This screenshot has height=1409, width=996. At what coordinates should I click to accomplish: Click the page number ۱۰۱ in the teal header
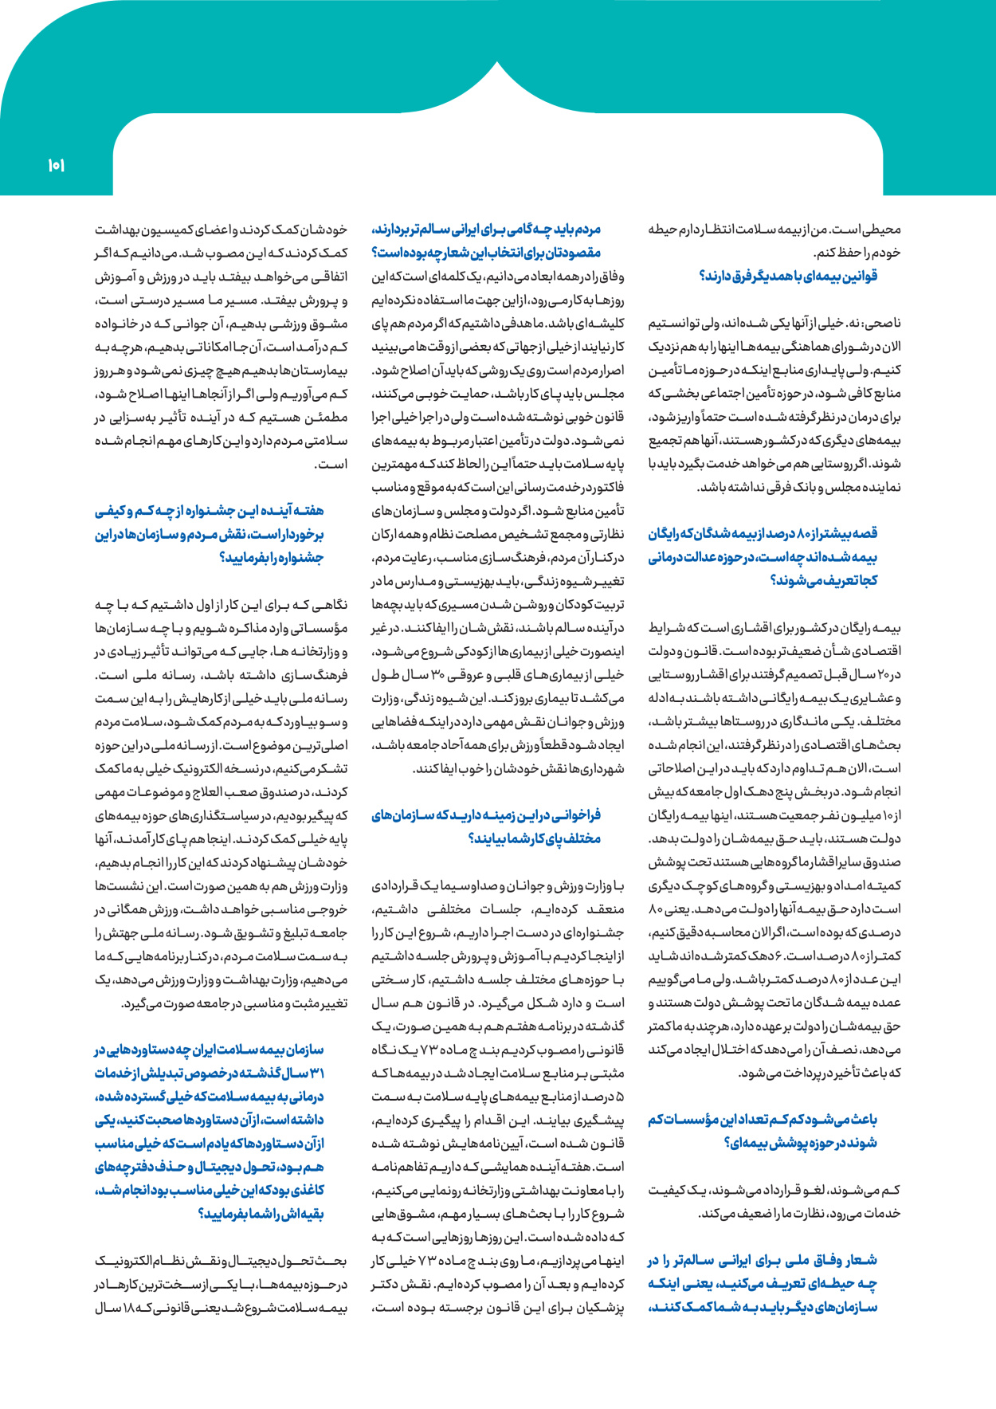(x=56, y=166)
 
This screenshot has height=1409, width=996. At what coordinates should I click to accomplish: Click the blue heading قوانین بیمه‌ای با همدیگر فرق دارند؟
(x=788, y=277)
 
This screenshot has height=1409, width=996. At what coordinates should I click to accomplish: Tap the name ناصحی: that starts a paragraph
(x=884, y=324)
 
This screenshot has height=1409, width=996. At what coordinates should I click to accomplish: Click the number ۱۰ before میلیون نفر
(x=890, y=816)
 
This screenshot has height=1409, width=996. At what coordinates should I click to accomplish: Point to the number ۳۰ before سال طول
(x=437, y=675)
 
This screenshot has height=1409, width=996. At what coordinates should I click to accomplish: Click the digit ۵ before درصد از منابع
(x=620, y=1097)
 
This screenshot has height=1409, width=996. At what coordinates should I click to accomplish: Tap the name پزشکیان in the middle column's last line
(x=598, y=1308)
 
